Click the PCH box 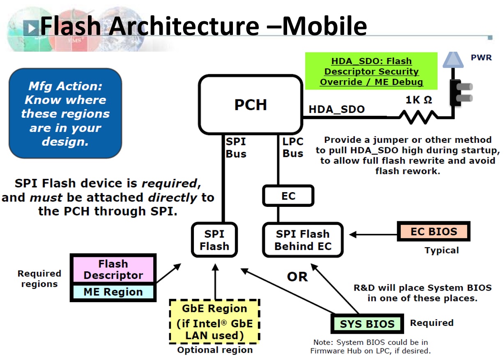pyautogui.click(x=250, y=105)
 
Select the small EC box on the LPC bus pyautogui.click(x=288, y=196)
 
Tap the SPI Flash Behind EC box pyautogui.click(x=302, y=240)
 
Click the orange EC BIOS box pyautogui.click(x=433, y=232)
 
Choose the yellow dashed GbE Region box pyautogui.click(x=214, y=321)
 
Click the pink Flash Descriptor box pyautogui.click(x=113, y=269)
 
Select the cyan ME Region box pyautogui.click(x=113, y=292)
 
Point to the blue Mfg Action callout pyautogui.click(x=65, y=113)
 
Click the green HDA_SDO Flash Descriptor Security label pyautogui.click(x=371, y=71)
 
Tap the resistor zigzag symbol pyautogui.click(x=418, y=117)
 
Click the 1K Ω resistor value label pyautogui.click(x=419, y=100)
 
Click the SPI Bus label pyautogui.click(x=236, y=148)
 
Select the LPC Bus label pyautogui.click(x=293, y=148)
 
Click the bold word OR pyautogui.click(x=297, y=277)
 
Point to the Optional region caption pyautogui.click(x=215, y=350)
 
